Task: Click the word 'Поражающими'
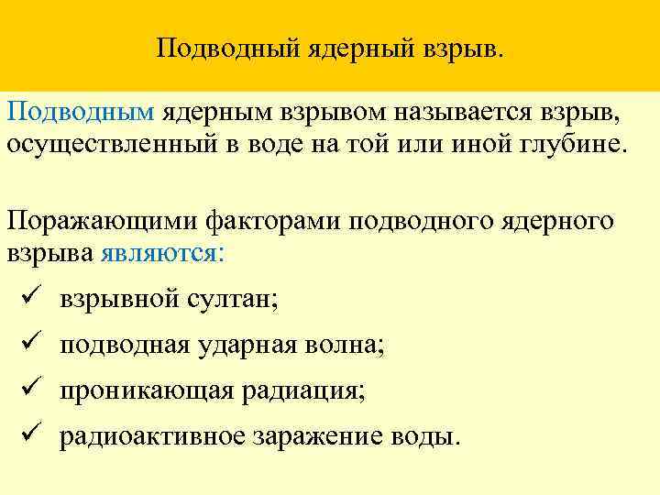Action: pyautogui.click(x=101, y=221)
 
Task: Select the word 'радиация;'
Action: pyautogui.click(x=304, y=391)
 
